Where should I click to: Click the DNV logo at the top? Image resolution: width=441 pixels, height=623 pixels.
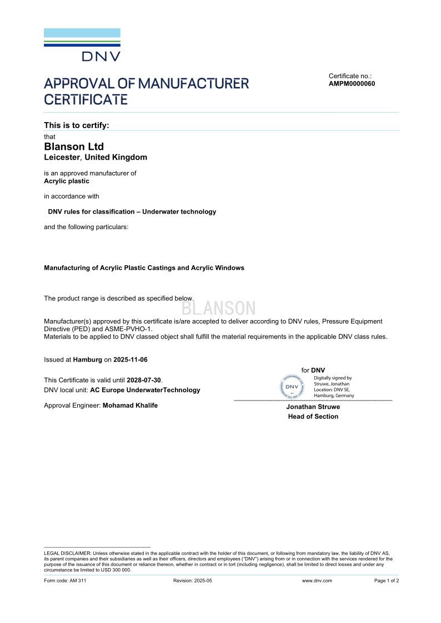(82, 45)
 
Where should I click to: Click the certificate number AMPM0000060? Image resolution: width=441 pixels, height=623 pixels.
(352, 84)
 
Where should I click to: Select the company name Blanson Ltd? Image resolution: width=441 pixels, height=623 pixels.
(74, 146)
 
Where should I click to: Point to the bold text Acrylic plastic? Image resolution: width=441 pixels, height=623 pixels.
(67, 181)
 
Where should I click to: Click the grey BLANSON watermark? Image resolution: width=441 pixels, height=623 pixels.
(219, 308)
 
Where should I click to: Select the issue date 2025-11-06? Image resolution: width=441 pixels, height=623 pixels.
(131, 359)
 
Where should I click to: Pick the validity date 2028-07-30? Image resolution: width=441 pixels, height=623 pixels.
(144, 380)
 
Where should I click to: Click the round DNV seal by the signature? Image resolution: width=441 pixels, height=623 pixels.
(292, 387)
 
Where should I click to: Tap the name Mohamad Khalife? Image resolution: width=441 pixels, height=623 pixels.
(130, 406)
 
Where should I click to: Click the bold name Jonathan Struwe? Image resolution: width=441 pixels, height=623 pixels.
(313, 407)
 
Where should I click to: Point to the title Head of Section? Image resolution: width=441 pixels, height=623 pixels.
(313, 417)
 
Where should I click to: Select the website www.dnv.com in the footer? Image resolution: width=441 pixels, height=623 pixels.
(317, 581)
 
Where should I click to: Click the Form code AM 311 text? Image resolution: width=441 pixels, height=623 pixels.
(65, 581)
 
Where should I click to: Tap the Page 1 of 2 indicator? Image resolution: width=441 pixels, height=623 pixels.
(387, 581)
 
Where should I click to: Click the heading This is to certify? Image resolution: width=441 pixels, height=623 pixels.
(77, 125)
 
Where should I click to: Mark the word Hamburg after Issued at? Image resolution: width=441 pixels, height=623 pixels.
(88, 359)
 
